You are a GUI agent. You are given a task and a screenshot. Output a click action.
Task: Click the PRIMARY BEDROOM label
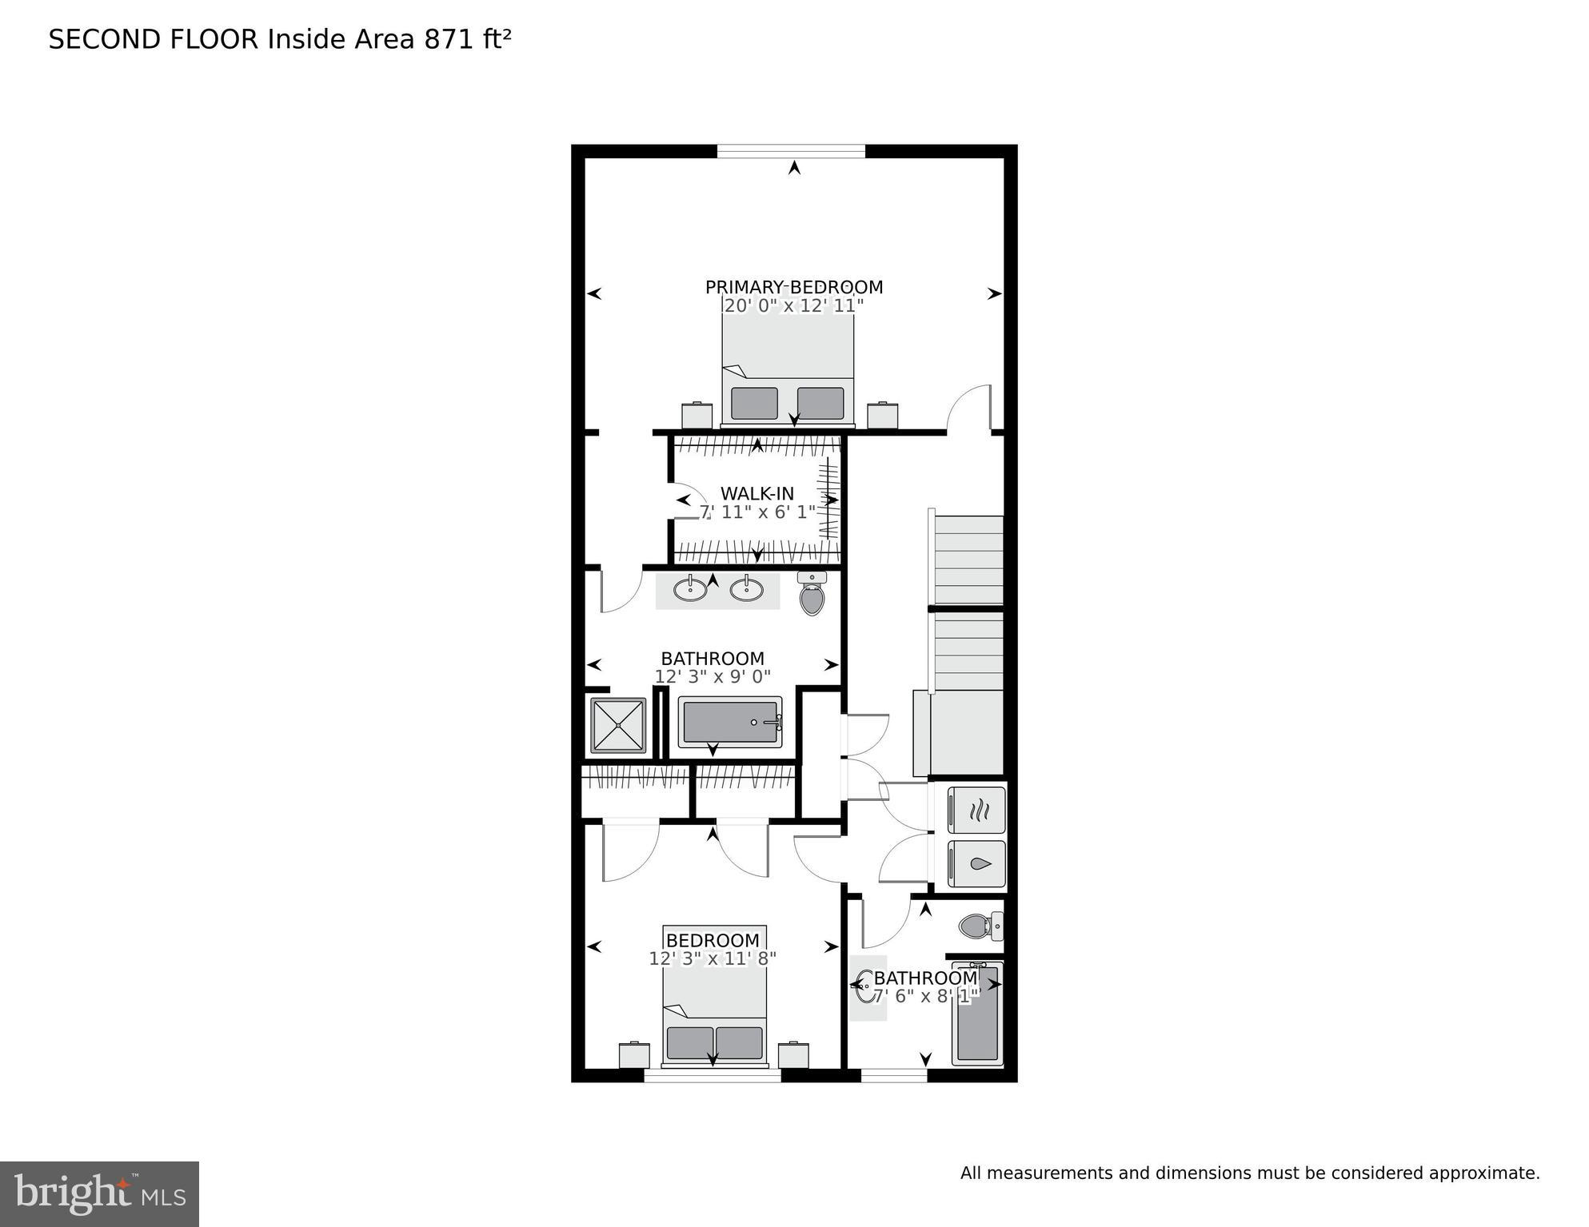coord(793,287)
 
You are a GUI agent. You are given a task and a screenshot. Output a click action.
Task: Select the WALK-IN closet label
coord(757,493)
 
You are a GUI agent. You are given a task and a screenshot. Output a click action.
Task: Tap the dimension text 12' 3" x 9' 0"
coord(713,677)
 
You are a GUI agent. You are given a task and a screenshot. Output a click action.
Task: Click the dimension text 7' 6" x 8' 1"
coord(925,997)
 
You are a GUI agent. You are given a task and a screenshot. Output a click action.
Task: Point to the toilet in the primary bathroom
coord(812,595)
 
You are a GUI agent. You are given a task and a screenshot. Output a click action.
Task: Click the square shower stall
coord(618,726)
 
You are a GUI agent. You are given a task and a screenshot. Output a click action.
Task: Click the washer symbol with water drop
coord(977,864)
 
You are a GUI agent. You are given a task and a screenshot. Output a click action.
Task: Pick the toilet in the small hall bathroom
coord(979,926)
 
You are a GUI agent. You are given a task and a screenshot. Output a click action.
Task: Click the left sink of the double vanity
coord(689,589)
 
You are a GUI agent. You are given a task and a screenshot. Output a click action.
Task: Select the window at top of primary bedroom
coord(791,151)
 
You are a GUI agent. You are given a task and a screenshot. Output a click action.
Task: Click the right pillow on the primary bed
coord(820,403)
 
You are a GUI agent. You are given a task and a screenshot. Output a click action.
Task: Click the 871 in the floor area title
coord(449,39)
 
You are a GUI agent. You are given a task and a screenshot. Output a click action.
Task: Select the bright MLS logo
coord(99,1194)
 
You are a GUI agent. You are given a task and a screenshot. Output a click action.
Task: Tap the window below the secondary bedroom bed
coord(713,1076)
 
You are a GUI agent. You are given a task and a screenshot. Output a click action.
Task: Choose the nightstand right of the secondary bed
coord(793,1055)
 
